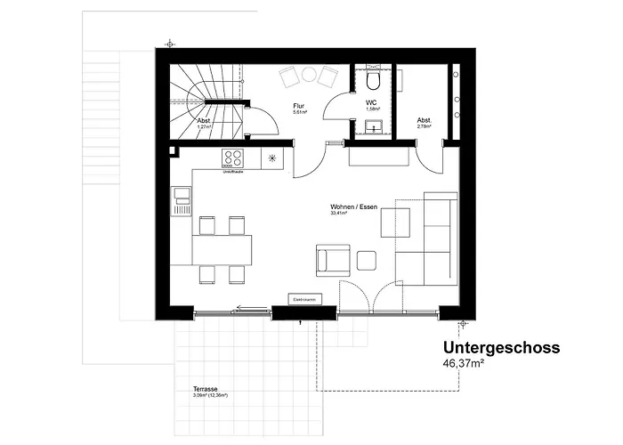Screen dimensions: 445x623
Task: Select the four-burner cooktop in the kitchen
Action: [234, 159]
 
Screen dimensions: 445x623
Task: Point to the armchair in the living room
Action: [330, 261]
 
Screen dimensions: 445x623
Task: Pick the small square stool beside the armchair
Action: [367, 261]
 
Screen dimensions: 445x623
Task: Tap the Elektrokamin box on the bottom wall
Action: [303, 300]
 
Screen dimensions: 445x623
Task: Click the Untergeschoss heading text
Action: [501, 348]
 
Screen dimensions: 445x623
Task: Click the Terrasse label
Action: [206, 390]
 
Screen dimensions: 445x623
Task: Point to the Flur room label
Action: [300, 106]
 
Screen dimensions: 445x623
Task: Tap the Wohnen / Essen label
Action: [353, 206]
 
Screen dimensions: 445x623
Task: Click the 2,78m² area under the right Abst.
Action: [425, 126]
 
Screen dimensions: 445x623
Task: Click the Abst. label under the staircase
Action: [203, 121]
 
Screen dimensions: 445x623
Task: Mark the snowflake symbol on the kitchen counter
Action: [272, 159]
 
